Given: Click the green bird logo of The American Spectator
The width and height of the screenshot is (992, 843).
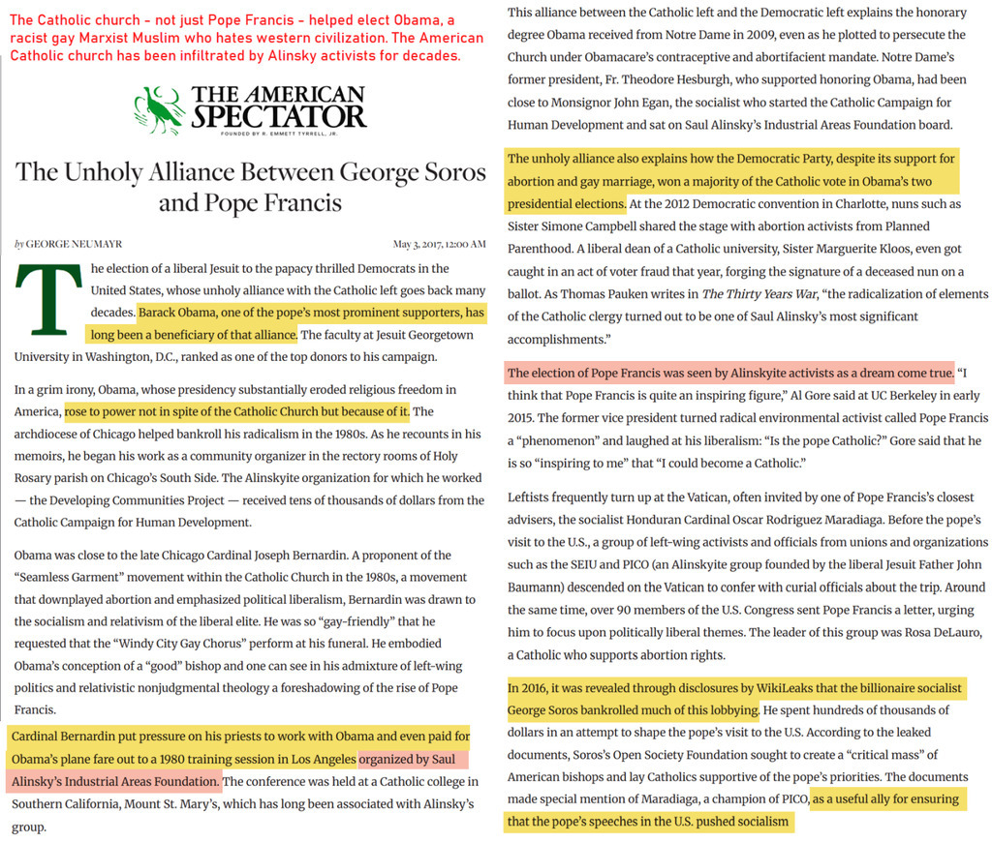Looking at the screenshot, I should [x=158, y=109].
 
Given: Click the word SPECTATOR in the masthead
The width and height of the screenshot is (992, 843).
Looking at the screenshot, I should [x=279, y=117].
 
